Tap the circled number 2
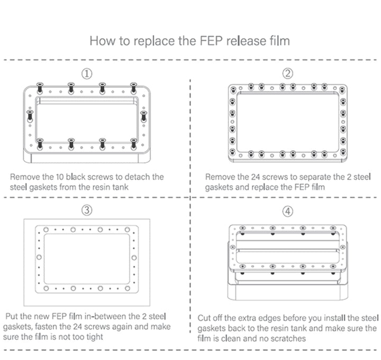[x=287, y=73]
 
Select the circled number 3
[x=86, y=210]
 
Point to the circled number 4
[x=287, y=211]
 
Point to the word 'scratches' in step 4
[x=288, y=338]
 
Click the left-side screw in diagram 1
[x=30, y=115]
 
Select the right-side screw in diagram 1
[x=143, y=115]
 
